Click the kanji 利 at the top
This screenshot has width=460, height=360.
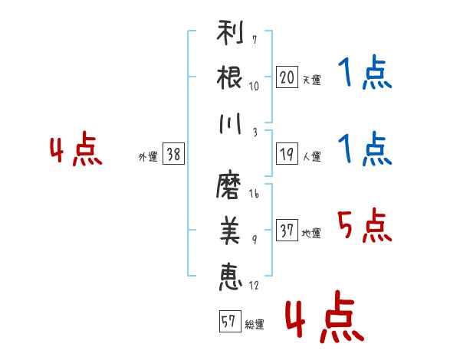tap(230, 32)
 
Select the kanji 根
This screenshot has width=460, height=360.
tap(229, 77)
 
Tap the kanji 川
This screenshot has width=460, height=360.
tap(230, 123)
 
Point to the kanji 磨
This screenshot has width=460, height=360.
tap(228, 185)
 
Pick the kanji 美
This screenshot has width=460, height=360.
tap(230, 231)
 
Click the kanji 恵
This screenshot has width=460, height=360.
tap(231, 277)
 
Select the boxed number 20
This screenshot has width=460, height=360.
tap(287, 77)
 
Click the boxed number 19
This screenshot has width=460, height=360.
tap(287, 154)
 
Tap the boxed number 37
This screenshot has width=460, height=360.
tap(287, 230)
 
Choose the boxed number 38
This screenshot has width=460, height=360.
tap(173, 154)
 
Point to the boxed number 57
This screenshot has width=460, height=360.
tap(230, 321)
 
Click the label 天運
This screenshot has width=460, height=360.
tap(311, 80)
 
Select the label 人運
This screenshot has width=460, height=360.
tap(311, 156)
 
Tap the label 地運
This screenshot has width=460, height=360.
tap(311, 233)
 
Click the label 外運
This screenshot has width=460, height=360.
tap(148, 156)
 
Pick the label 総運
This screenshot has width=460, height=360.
tap(255, 325)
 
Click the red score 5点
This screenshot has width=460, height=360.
tap(364, 226)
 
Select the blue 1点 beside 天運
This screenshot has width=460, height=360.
tap(365, 72)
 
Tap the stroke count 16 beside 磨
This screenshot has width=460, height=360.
tap(254, 194)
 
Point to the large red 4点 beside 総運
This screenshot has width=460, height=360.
tap(325, 317)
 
